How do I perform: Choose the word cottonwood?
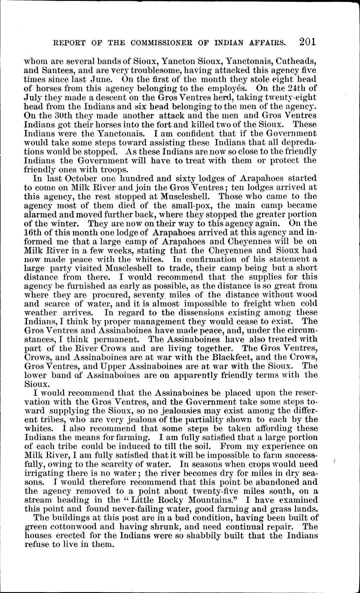(x=71, y=527)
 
